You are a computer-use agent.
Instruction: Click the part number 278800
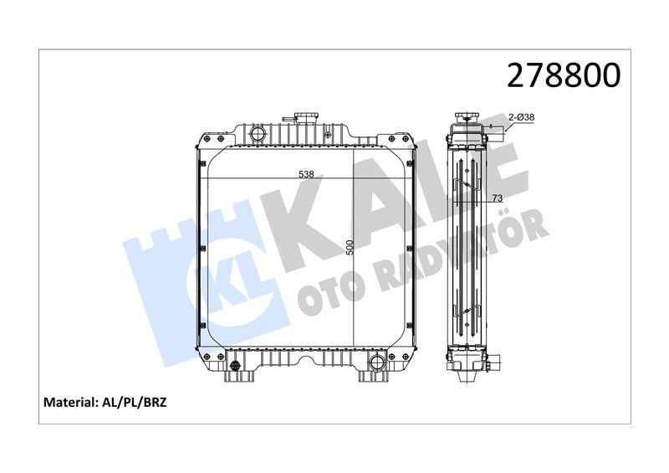point(564,75)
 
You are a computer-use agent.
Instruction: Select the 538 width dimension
point(306,174)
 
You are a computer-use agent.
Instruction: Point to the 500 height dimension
point(350,248)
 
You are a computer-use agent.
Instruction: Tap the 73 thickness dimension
point(497,198)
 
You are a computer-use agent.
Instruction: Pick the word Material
point(69,402)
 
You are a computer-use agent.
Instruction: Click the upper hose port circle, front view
point(258,133)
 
